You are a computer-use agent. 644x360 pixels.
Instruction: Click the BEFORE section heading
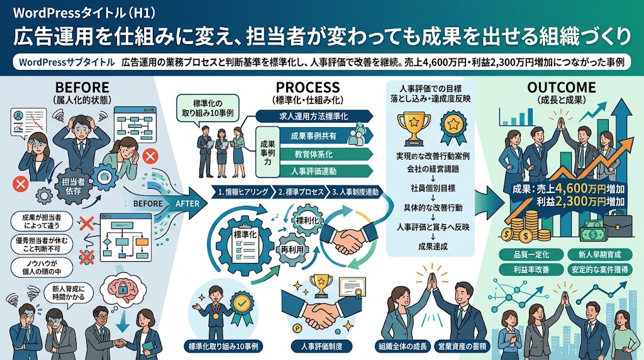pos(82,87)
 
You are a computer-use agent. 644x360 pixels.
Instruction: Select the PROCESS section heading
pos(308,87)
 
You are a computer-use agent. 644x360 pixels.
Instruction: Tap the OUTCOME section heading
pos(561,87)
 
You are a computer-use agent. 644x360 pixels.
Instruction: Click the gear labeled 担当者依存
pos(73,186)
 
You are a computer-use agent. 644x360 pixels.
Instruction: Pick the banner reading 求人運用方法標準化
pos(314,116)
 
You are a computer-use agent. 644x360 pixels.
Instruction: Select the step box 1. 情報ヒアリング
pos(243,192)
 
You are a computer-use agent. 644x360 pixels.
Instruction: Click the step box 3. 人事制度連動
pos(355,192)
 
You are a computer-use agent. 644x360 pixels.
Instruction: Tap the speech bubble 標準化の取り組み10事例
pos(207,108)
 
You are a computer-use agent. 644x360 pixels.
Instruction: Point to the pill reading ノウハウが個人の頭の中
pos(42,267)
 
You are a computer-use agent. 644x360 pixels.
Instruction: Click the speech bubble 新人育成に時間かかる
pos(68,293)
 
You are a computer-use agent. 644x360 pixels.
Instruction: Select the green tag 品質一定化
pos(531,255)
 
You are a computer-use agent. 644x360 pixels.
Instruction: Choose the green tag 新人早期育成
pos(599,255)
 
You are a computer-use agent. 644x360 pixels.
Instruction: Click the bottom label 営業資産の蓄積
pos(462,346)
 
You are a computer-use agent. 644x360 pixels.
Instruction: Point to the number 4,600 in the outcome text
pos(572,188)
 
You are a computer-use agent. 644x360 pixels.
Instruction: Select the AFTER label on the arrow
pos(187,203)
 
